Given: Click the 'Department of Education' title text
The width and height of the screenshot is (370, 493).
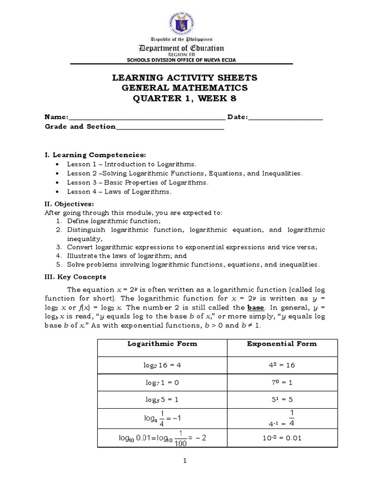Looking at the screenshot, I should point(181,48).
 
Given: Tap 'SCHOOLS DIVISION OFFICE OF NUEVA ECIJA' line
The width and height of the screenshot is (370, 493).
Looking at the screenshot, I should point(181,60).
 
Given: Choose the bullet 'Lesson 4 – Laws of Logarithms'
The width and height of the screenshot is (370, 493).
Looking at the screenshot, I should point(119,192).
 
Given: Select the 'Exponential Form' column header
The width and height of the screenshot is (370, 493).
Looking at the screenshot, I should point(282,344).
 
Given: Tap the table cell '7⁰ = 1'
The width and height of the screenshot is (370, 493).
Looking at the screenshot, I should point(282,382).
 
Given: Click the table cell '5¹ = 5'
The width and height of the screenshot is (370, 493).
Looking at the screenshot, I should point(282,400).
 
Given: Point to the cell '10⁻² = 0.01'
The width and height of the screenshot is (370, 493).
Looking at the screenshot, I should point(282,438).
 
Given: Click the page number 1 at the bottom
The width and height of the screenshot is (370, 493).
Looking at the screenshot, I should point(185,461).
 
